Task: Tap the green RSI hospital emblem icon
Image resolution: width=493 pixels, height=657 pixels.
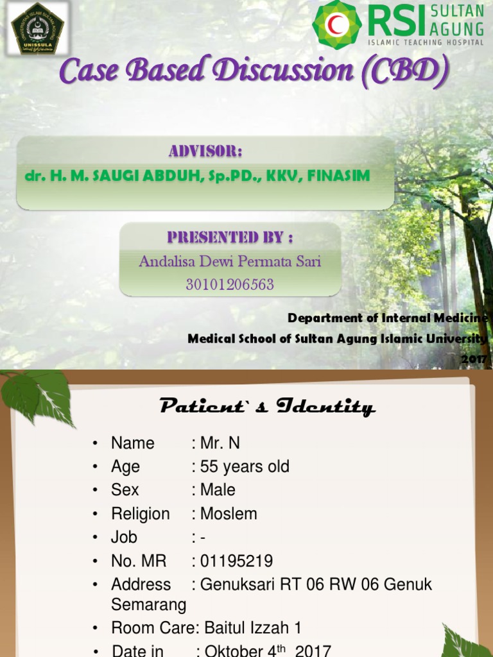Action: (337, 24)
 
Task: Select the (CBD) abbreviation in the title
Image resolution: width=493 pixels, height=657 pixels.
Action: (404, 72)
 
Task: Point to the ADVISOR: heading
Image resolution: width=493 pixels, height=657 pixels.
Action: (205, 151)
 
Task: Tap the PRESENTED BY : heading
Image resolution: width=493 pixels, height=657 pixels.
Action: (230, 237)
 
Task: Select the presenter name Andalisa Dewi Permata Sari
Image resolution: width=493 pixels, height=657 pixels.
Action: (230, 261)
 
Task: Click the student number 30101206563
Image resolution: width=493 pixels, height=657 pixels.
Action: (230, 284)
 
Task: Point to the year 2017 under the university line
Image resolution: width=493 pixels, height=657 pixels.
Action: (474, 359)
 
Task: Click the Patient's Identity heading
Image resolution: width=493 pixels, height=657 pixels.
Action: (266, 406)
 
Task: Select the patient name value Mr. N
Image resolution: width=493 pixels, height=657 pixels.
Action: (220, 443)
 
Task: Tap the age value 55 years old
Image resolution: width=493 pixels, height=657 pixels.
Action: (245, 466)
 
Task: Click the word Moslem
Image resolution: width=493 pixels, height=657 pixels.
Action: (229, 514)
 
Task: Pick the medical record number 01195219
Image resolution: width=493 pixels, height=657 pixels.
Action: (236, 561)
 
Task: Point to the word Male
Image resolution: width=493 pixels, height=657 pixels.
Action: (218, 490)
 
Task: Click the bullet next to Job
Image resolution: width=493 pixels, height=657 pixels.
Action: (95, 538)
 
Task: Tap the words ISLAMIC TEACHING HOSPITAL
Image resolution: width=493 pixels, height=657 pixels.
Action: (425, 42)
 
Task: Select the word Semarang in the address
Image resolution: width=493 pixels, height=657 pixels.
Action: (149, 604)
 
